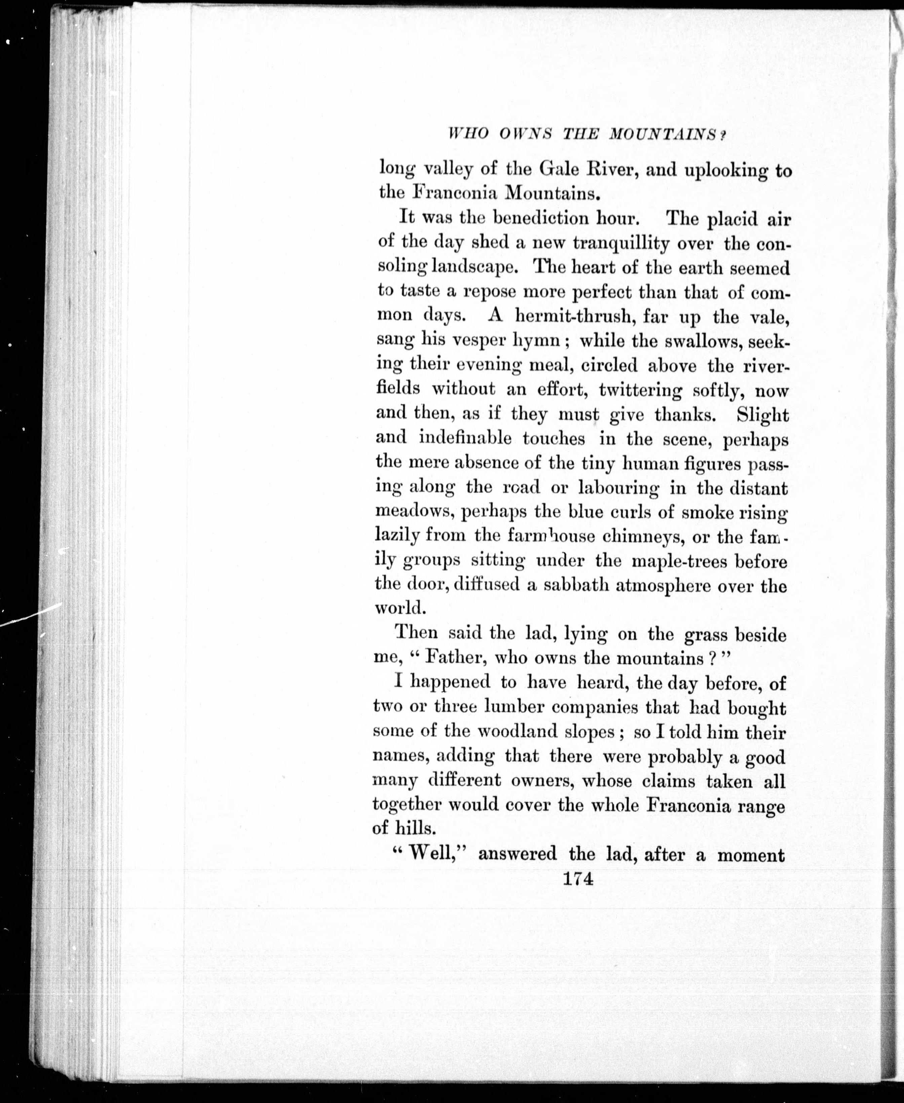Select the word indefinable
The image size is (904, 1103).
coord(465,438)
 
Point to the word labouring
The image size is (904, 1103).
coord(618,488)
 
